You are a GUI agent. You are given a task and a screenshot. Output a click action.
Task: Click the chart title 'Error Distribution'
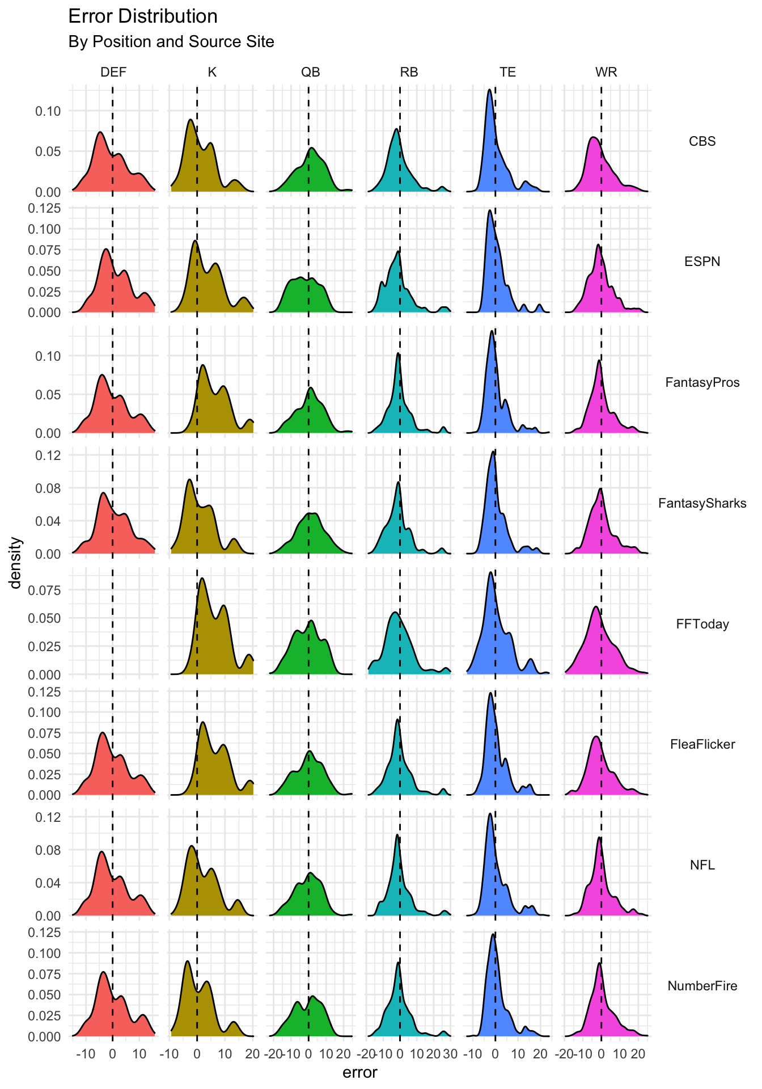point(143,16)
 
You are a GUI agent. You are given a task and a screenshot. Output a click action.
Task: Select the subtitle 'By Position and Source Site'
point(171,42)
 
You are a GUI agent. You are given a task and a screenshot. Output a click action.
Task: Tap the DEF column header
point(113,72)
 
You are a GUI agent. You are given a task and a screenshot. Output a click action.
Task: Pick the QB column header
point(310,72)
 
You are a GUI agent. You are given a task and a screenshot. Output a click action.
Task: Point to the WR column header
point(606,72)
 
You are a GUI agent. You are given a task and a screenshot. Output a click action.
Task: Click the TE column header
point(507,72)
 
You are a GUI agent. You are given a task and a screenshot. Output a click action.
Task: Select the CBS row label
point(702,141)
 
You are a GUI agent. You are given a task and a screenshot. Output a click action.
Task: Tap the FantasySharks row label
point(702,503)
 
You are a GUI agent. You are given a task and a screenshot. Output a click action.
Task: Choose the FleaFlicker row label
point(702,744)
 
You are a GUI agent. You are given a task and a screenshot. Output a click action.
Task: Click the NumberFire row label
point(702,986)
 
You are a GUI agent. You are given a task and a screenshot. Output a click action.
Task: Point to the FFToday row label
point(702,624)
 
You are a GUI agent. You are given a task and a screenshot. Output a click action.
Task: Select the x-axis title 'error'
point(360,1073)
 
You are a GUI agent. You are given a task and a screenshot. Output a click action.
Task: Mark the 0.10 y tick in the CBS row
point(48,111)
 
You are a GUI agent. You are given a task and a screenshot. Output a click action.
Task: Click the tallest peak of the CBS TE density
point(489,90)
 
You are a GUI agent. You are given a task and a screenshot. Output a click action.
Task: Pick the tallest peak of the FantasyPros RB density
point(398,353)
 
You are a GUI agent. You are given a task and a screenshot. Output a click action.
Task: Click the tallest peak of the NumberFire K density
point(187,961)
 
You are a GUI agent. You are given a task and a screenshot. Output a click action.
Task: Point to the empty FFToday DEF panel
point(113,621)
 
